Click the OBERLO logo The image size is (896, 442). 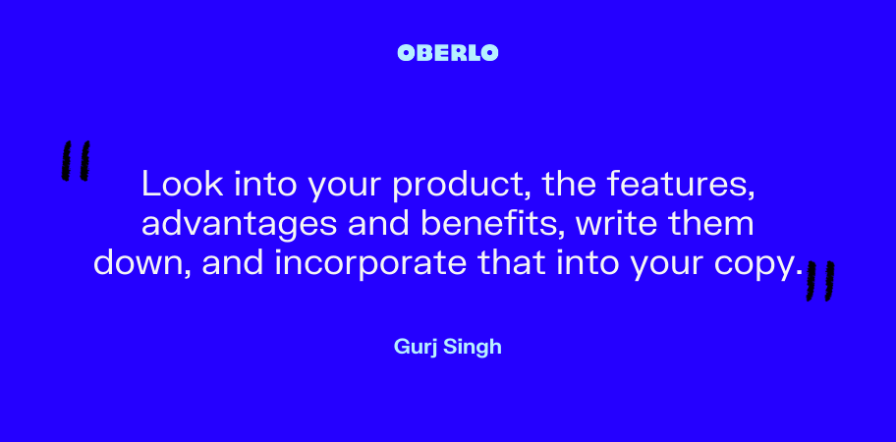[x=447, y=53]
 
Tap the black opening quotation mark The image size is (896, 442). [x=76, y=160]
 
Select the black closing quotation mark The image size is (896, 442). [x=820, y=280]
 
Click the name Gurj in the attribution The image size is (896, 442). [x=415, y=347]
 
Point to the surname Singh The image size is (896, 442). [x=472, y=347]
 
